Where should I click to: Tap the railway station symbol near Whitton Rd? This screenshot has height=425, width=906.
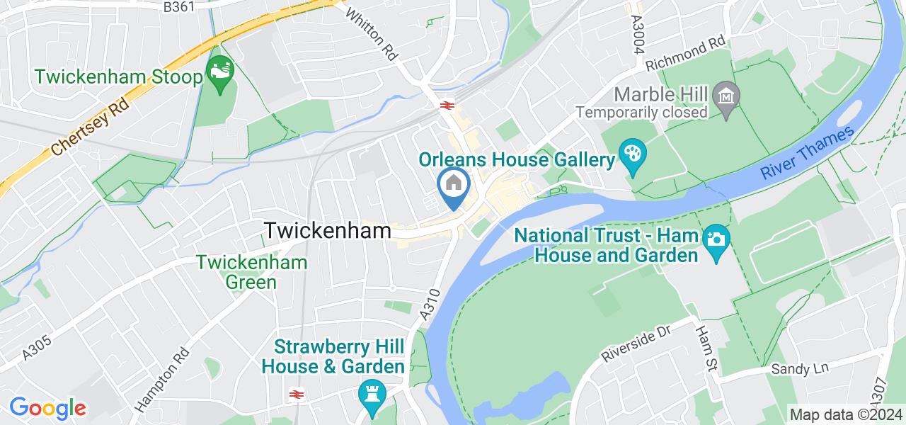[x=446, y=106]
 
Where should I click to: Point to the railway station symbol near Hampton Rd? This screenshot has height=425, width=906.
[x=296, y=394]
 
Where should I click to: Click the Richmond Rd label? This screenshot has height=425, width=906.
[x=686, y=54]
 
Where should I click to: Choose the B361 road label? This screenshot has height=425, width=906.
[x=179, y=6]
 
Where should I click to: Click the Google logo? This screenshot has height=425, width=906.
[x=47, y=407]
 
